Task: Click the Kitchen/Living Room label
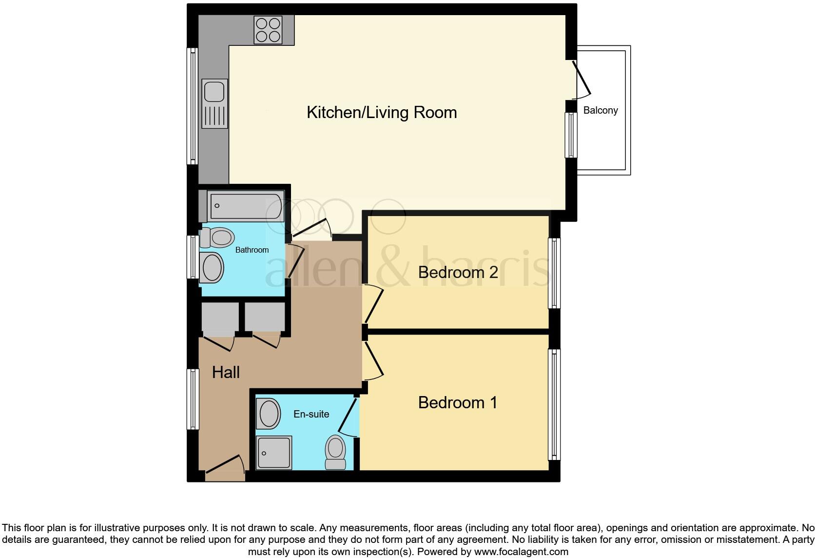tap(382, 112)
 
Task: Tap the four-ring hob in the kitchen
tap(268, 30)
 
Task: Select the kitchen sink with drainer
tap(214, 104)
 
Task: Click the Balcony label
tap(601, 110)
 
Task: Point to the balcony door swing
tap(582, 79)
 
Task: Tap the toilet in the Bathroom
tap(218, 238)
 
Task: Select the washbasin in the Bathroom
tap(212, 267)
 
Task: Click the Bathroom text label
tap(252, 250)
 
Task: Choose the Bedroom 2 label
tap(458, 272)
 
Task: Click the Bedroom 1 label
tap(458, 402)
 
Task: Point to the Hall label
tap(226, 373)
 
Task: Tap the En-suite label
tap(311, 414)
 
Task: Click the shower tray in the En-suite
tap(274, 452)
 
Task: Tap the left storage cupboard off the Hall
tap(220, 317)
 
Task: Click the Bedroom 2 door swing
tap(373, 305)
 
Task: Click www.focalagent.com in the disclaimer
tap(521, 552)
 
